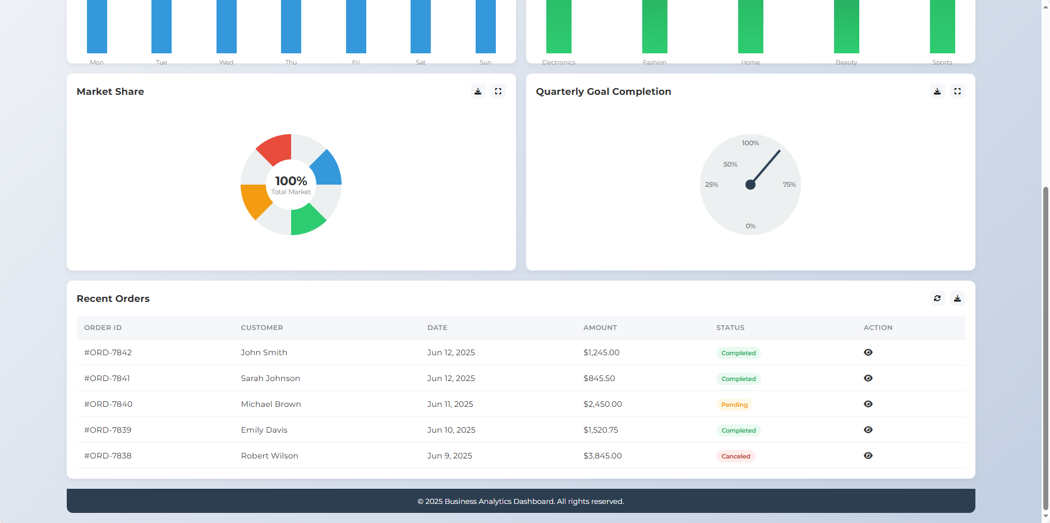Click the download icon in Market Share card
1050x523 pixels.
(x=478, y=91)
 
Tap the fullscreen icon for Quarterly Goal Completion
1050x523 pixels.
(x=957, y=91)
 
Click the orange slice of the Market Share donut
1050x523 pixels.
(x=255, y=200)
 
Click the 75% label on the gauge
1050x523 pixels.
(x=789, y=185)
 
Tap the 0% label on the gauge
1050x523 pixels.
(x=750, y=226)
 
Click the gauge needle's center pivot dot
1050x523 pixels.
(x=750, y=185)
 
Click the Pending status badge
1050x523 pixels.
(x=734, y=405)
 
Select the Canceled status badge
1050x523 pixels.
(x=735, y=456)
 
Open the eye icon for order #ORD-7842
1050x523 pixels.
(x=868, y=352)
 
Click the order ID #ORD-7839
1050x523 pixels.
(x=108, y=430)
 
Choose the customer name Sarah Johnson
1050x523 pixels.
(x=270, y=378)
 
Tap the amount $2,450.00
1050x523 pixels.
(x=602, y=404)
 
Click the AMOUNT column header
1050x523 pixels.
(x=600, y=328)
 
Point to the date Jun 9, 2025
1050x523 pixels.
(x=449, y=456)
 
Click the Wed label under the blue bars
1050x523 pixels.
(x=226, y=62)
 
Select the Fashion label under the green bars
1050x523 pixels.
(x=655, y=62)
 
